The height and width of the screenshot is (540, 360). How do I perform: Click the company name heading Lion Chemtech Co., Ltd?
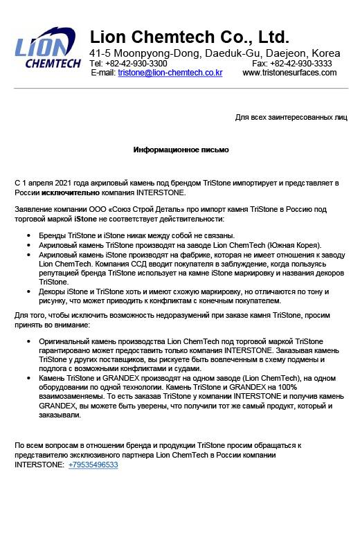[x=190, y=37]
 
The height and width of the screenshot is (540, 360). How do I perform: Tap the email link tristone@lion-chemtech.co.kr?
[x=170, y=73]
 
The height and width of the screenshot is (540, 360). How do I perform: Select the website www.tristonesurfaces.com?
[x=289, y=73]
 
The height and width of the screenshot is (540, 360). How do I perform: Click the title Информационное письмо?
[x=181, y=150]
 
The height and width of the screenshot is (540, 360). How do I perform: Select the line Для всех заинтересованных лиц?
[x=291, y=118]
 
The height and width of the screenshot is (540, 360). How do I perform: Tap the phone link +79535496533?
[x=93, y=465]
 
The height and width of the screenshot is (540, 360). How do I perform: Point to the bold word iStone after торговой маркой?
[x=87, y=218]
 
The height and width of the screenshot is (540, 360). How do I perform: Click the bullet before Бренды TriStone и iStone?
[x=28, y=236]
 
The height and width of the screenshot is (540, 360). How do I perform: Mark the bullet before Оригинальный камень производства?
[x=28, y=342]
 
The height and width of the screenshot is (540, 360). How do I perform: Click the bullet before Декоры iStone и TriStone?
[x=28, y=292]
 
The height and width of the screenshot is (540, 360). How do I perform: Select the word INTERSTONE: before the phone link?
[x=39, y=465]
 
